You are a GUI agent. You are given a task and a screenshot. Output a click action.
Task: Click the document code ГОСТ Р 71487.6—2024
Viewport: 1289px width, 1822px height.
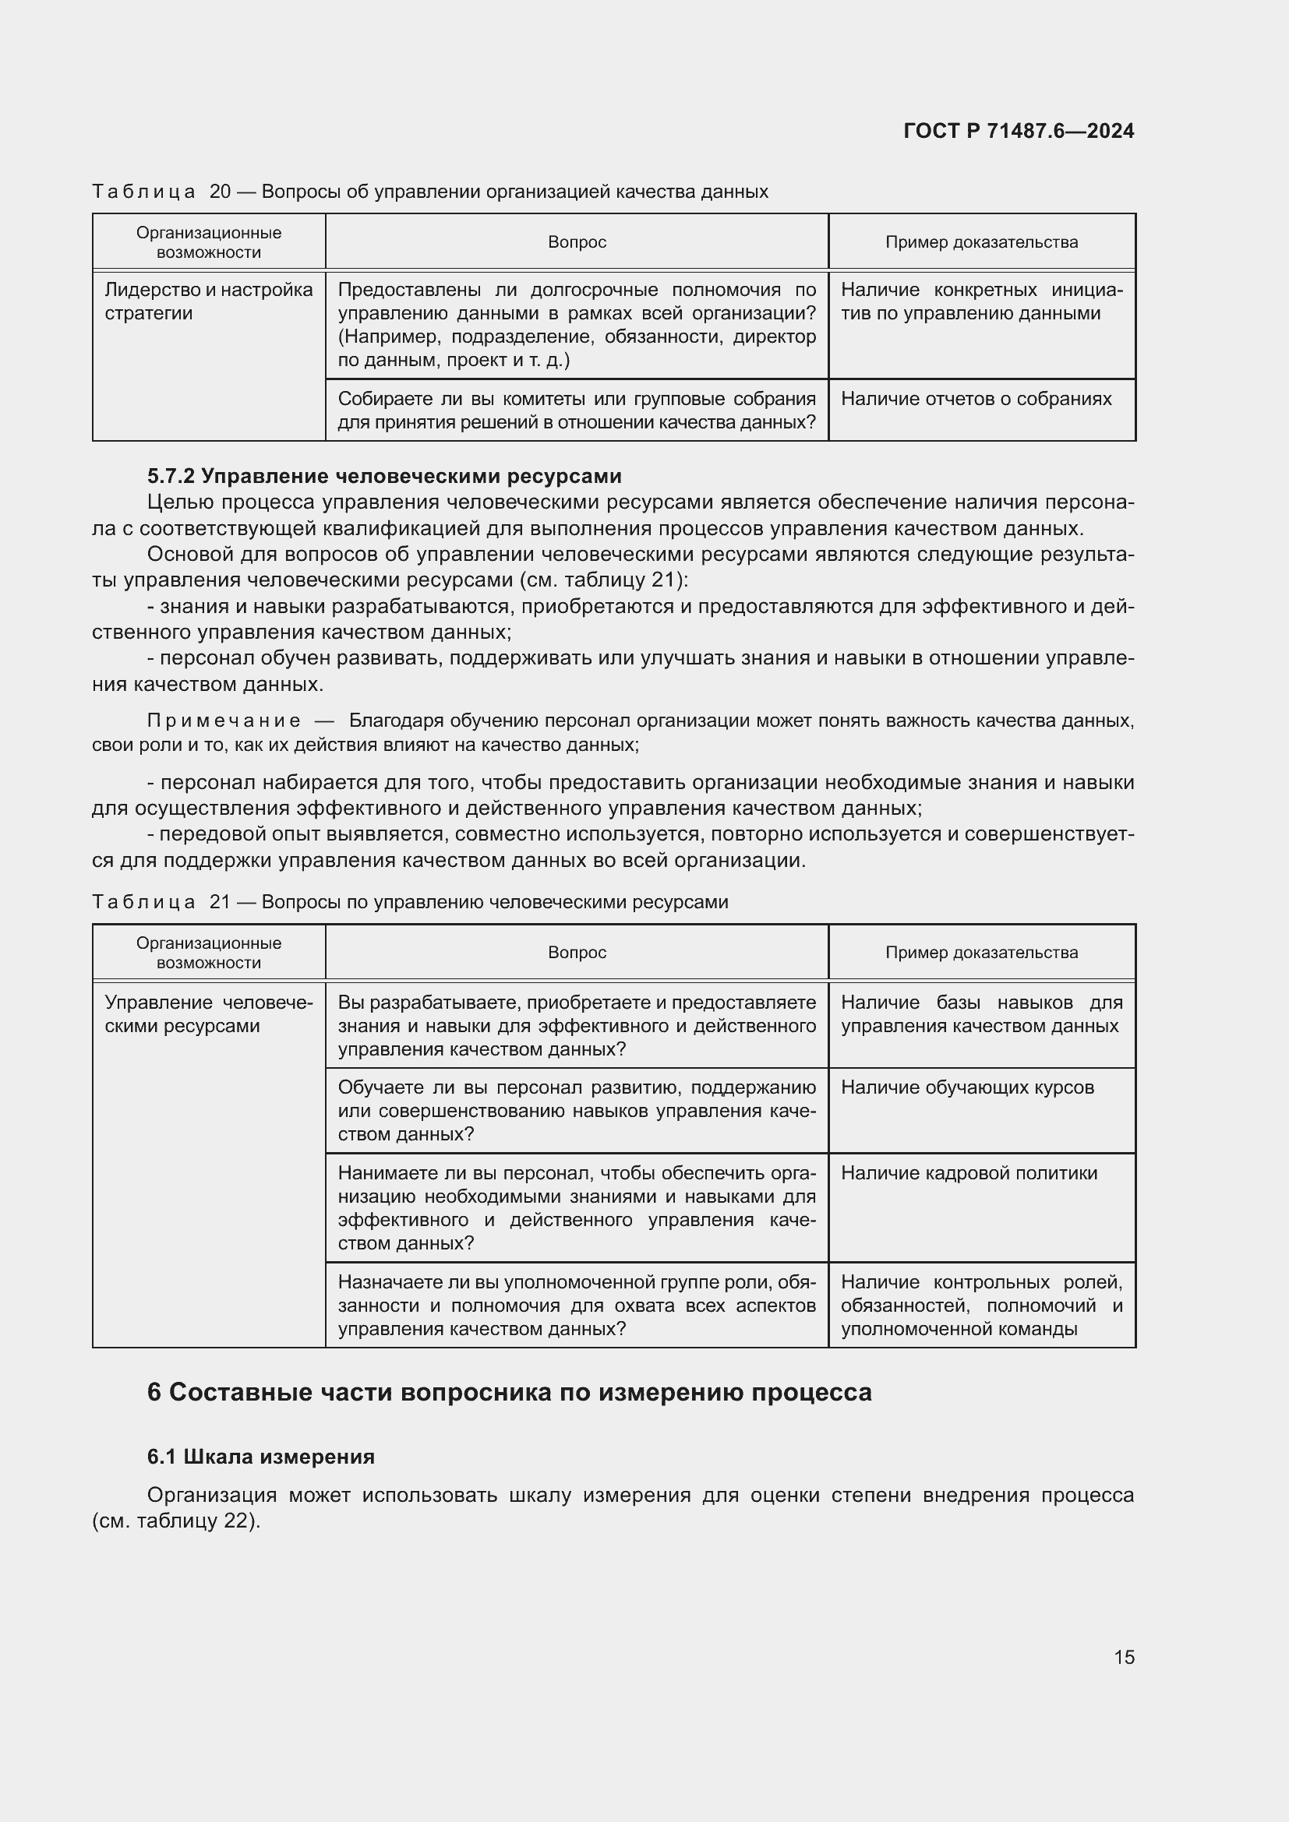click(x=1019, y=131)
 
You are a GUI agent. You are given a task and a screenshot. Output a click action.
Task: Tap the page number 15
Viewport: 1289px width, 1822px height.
click(x=1124, y=1657)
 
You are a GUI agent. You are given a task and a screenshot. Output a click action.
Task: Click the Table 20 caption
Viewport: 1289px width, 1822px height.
click(x=429, y=192)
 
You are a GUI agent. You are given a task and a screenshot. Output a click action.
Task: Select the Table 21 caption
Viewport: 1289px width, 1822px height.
click(x=410, y=901)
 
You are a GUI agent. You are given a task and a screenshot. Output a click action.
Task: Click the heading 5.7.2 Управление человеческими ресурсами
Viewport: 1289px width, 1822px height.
click(x=384, y=476)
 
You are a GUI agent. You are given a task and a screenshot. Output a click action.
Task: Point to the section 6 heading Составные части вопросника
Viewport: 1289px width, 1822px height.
click(x=509, y=1392)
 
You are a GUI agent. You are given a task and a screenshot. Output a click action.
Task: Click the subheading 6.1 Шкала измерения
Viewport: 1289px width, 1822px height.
click(x=260, y=1456)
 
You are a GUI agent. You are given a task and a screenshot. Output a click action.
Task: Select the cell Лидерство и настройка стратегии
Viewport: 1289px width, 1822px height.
click(x=209, y=301)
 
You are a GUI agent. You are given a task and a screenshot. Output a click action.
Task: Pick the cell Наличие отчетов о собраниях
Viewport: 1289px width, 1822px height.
click(x=976, y=398)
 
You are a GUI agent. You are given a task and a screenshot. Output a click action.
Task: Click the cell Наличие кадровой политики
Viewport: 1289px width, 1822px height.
click(x=969, y=1173)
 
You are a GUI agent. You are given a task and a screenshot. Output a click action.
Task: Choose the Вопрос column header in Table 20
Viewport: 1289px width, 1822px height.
click(x=577, y=242)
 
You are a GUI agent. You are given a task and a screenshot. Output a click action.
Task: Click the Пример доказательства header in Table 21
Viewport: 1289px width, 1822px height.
click(x=981, y=952)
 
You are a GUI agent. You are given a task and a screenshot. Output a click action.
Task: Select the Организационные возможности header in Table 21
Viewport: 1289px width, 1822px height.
click(x=209, y=952)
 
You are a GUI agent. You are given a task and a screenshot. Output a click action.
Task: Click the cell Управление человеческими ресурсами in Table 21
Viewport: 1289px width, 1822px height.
click(x=209, y=1014)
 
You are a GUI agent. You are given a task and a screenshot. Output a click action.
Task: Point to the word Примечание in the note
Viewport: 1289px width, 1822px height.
click(x=224, y=721)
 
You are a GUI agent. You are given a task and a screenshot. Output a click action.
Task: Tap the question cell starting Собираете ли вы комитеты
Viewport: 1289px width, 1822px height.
click(x=577, y=411)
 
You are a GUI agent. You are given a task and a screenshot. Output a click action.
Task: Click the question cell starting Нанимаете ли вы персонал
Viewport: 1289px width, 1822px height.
click(x=577, y=1208)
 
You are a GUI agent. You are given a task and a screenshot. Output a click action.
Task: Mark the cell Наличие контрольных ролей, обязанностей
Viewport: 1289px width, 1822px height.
click(x=981, y=1306)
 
